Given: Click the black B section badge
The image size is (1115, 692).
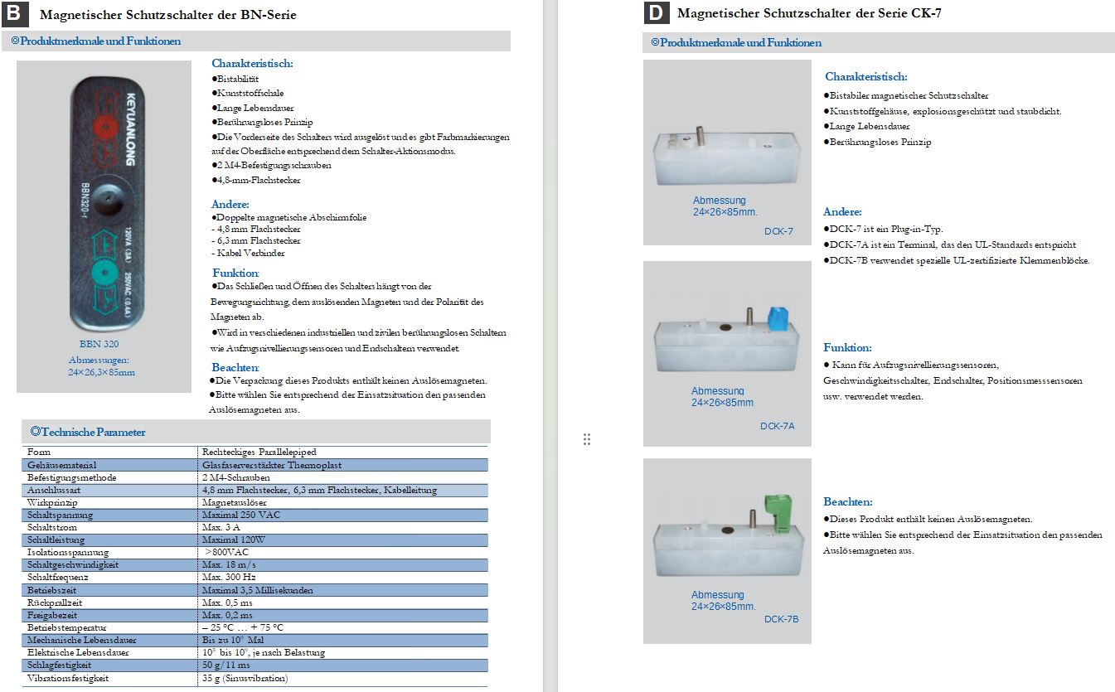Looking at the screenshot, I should (x=18, y=13).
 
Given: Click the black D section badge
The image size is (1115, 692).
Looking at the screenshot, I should (x=656, y=13).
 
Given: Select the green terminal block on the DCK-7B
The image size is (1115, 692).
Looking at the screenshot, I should (x=778, y=512).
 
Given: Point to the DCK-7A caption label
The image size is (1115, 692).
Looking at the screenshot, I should (x=777, y=426).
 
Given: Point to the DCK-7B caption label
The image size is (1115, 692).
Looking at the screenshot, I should (x=781, y=619).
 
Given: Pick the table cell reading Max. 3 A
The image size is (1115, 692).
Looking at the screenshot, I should (x=221, y=527).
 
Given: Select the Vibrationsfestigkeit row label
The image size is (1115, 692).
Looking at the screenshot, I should (x=68, y=678).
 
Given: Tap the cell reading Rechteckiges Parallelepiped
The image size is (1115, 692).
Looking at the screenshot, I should (x=259, y=452).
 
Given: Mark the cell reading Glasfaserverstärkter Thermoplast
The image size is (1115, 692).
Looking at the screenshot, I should (x=272, y=465).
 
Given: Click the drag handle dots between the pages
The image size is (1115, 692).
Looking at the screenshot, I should (x=586, y=439).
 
